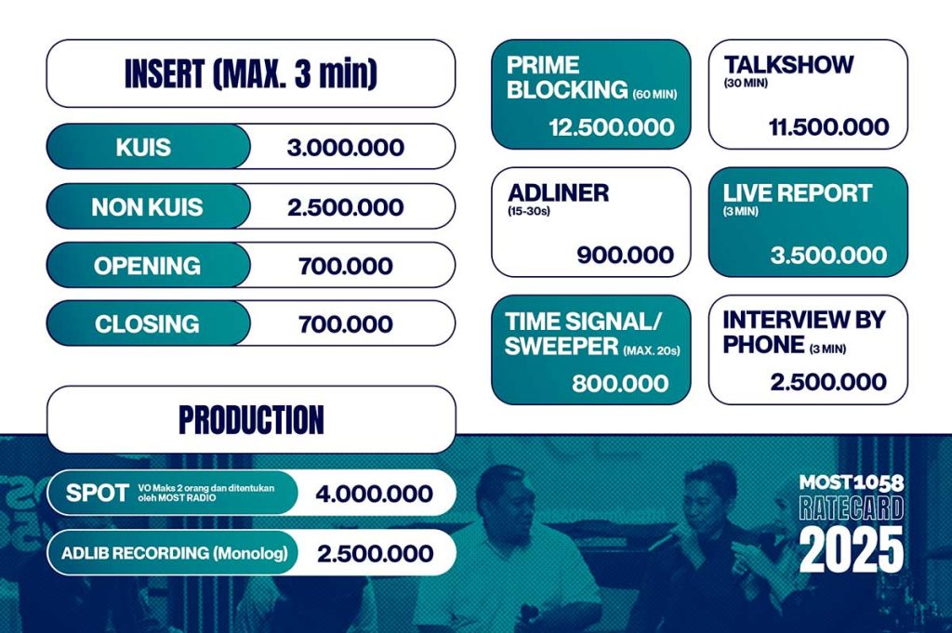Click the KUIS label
pos(143,147)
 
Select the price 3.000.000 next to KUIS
pos(346,148)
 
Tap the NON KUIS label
pos(147,207)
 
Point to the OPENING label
pos(147,266)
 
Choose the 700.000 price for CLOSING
pos(346,324)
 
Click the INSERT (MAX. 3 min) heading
pos(251,73)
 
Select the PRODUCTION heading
pos(251,419)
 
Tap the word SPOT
pos(97,493)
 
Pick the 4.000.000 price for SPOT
pos(374,494)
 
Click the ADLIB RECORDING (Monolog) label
pos(174,553)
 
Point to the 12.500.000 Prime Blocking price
pos(612,127)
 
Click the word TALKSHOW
pos(788,65)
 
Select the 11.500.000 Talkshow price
pos(828,127)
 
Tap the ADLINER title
pos(558,193)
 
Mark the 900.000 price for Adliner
pos(626,255)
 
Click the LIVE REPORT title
pos(797,193)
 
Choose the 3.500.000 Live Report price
pos(828,255)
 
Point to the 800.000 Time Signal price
pos(620,384)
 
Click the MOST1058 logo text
pos(852,482)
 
